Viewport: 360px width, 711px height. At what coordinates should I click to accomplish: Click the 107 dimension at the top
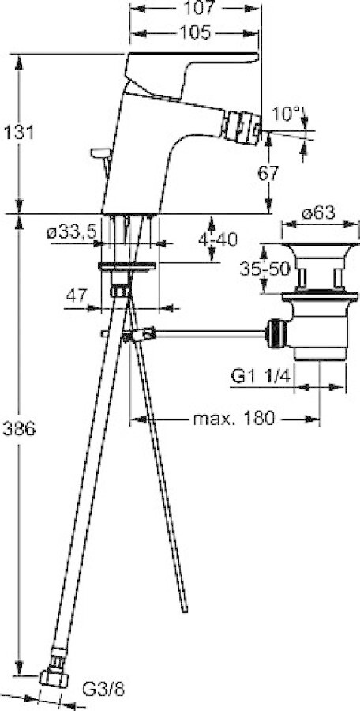pyautogui.click(x=197, y=8)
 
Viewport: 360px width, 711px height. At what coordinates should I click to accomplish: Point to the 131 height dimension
pyautogui.click(x=19, y=133)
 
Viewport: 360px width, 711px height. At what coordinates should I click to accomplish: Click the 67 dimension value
pyautogui.click(x=269, y=173)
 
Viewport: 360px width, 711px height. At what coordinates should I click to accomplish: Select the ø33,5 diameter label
pyautogui.click(x=72, y=233)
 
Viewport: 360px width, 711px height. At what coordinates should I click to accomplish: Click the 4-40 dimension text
pyautogui.click(x=218, y=239)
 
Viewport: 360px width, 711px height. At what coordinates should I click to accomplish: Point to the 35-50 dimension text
pyautogui.click(x=264, y=269)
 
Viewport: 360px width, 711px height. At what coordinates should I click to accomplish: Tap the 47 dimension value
pyautogui.click(x=77, y=296)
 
